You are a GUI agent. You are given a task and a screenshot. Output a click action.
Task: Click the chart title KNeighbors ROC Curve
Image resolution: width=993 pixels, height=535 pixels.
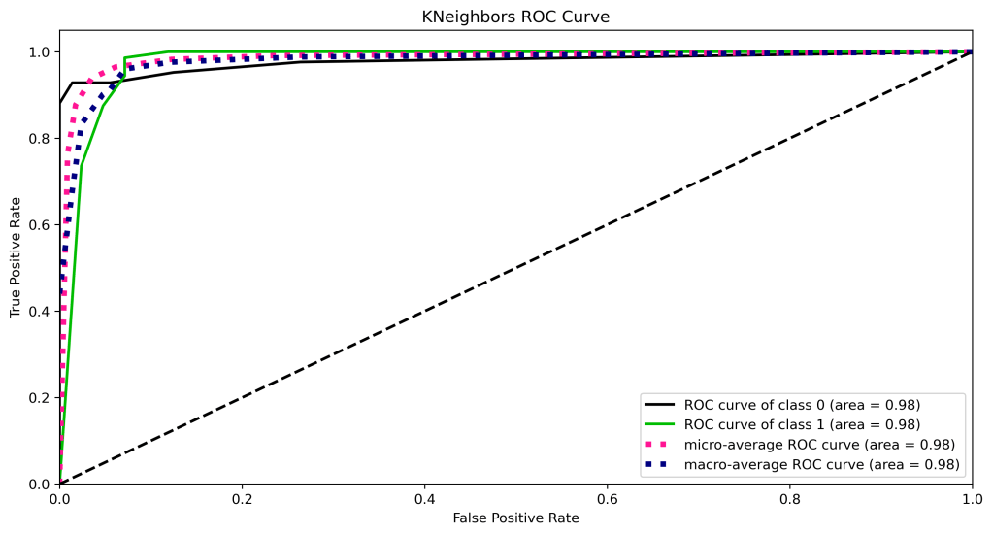tap(515, 17)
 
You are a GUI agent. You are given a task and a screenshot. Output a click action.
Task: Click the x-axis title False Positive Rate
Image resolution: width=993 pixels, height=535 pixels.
tap(515, 518)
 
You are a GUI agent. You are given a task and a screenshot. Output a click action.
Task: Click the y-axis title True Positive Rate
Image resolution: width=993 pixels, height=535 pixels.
tap(16, 256)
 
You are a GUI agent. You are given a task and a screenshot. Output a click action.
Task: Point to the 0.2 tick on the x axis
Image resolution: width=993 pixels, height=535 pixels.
tap(243, 497)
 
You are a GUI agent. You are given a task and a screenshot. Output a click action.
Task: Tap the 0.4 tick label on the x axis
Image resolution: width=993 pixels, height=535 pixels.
tap(424, 497)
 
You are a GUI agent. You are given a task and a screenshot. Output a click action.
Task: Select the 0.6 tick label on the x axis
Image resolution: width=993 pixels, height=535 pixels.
tap(607, 497)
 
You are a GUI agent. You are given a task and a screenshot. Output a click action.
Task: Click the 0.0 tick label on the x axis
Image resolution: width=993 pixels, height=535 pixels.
tap(60, 497)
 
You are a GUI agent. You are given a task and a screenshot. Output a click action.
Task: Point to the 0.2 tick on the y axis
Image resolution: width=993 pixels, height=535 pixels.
tap(40, 397)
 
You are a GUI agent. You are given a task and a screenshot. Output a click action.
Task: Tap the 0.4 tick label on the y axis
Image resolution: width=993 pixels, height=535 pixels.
tap(40, 311)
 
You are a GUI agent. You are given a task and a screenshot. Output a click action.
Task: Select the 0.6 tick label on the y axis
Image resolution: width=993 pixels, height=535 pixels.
tap(40, 224)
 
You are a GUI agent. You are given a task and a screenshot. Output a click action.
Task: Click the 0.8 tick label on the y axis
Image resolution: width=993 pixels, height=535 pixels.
tap(40, 138)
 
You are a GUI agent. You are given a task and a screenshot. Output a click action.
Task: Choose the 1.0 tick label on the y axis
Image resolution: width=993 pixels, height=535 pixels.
tap(40, 51)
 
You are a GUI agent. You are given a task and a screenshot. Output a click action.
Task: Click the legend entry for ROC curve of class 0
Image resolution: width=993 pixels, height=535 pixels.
tap(802, 404)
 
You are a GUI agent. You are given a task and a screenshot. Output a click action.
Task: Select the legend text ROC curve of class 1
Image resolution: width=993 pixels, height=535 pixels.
tap(802, 424)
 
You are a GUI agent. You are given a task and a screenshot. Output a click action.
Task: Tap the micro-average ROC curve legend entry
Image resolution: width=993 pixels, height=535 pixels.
tap(819, 445)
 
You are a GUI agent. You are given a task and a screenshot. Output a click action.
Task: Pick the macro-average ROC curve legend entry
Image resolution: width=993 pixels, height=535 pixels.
tap(821, 465)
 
